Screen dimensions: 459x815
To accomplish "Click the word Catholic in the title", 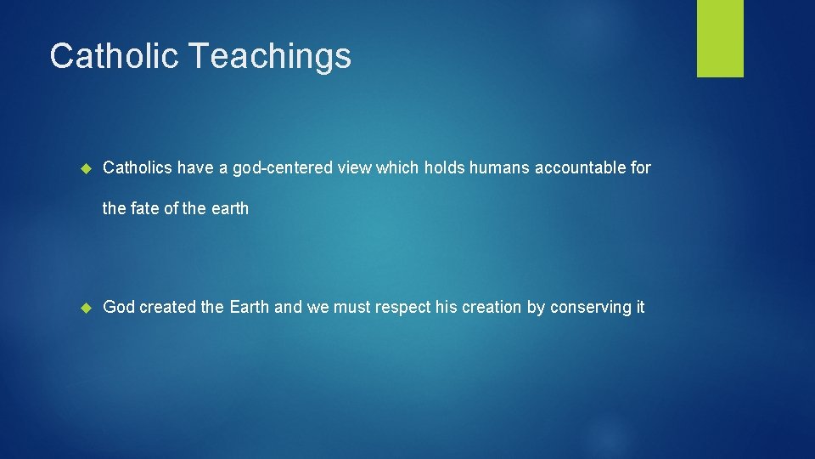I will coord(114,56).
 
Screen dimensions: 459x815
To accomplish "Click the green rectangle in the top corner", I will coord(720,38).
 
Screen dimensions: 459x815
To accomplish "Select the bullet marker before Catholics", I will coord(84,168).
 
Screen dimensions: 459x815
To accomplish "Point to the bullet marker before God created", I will coord(84,308).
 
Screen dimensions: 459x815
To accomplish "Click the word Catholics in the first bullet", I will coord(138,168).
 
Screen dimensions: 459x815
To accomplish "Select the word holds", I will coord(443,168).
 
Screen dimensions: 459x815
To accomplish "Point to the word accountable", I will coord(579,168).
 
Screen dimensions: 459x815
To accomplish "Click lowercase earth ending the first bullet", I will coord(230,208).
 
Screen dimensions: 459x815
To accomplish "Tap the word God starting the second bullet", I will coord(119,308).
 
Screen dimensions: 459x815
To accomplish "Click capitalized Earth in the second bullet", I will coord(250,308).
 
